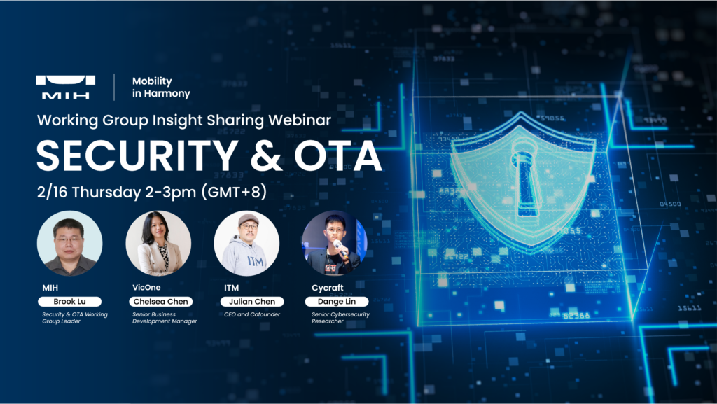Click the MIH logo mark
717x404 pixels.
[65, 87]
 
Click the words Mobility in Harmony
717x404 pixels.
[161, 87]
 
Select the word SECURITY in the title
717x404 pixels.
[137, 155]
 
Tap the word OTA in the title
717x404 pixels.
[338, 155]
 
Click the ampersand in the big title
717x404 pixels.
[266, 155]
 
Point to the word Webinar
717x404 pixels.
[300, 120]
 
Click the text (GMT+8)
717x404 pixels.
[234, 191]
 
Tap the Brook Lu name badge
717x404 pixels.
[69, 302]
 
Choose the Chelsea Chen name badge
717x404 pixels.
[160, 302]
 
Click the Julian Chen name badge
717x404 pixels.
[252, 302]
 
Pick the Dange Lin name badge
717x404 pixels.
[337, 302]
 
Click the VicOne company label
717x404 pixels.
[146, 288]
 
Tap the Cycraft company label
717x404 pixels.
[328, 288]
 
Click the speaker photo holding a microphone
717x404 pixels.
[334, 243]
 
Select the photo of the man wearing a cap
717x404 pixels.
[246, 243]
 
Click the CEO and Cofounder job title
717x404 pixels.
[252, 314]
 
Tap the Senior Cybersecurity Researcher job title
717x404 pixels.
[341, 318]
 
